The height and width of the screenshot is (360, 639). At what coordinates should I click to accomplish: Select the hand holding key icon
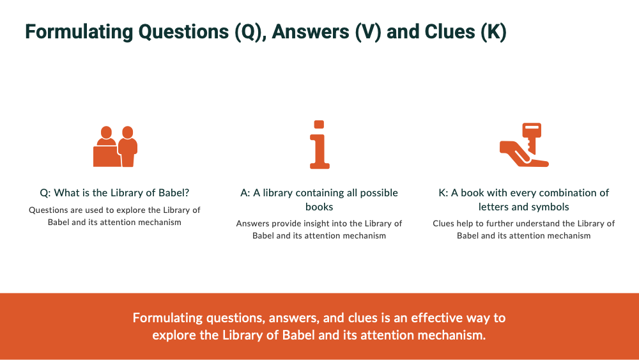point(523,145)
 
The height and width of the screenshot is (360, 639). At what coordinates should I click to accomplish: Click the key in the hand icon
point(532,135)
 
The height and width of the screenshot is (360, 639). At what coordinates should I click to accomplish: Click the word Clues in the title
point(448,32)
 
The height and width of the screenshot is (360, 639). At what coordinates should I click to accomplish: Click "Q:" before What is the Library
point(45,193)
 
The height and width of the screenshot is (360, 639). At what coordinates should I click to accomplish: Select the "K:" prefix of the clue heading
point(443,193)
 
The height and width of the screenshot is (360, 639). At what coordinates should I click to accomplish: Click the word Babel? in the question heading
point(173,193)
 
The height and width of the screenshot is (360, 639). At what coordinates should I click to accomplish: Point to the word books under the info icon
point(319,207)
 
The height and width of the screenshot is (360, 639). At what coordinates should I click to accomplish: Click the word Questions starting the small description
point(48,210)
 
